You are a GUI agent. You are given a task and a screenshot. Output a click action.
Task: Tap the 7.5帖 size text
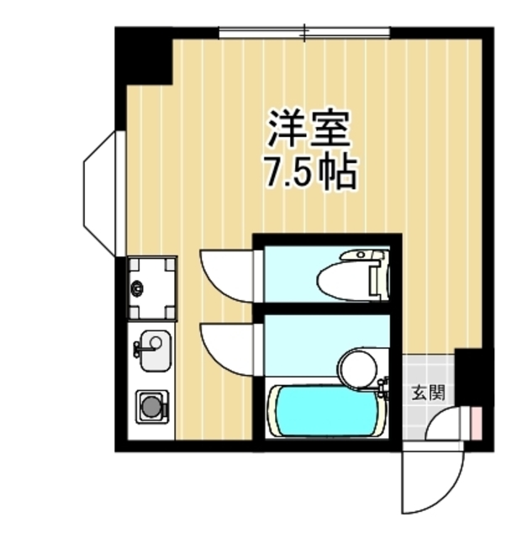pyautogui.click(x=309, y=172)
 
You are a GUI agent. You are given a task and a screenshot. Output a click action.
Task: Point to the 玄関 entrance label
pyautogui.click(x=426, y=392)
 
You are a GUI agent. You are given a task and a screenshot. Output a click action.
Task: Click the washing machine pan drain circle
pyautogui.click(x=137, y=288)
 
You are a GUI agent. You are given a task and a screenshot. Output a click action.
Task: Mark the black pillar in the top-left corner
pyautogui.click(x=143, y=55)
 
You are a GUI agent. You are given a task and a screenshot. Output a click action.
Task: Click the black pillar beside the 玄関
pyautogui.click(x=470, y=370)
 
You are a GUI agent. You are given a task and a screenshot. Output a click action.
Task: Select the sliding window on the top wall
pyautogui.click(x=304, y=33)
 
